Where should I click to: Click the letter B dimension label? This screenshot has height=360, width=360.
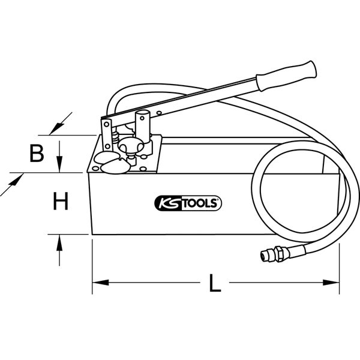pos(37,154)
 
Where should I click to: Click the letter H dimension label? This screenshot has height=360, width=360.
pos(59,201)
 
